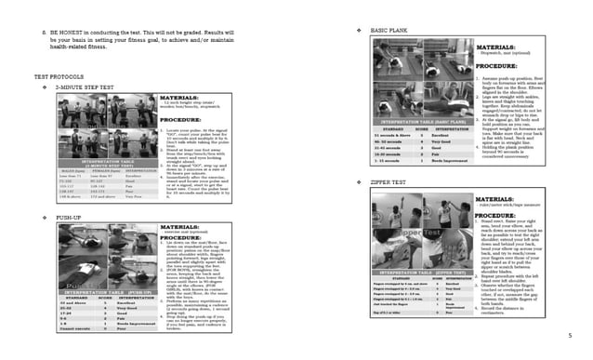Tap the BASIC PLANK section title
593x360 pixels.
(x=390, y=31)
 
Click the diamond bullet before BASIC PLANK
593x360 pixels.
(x=360, y=31)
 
